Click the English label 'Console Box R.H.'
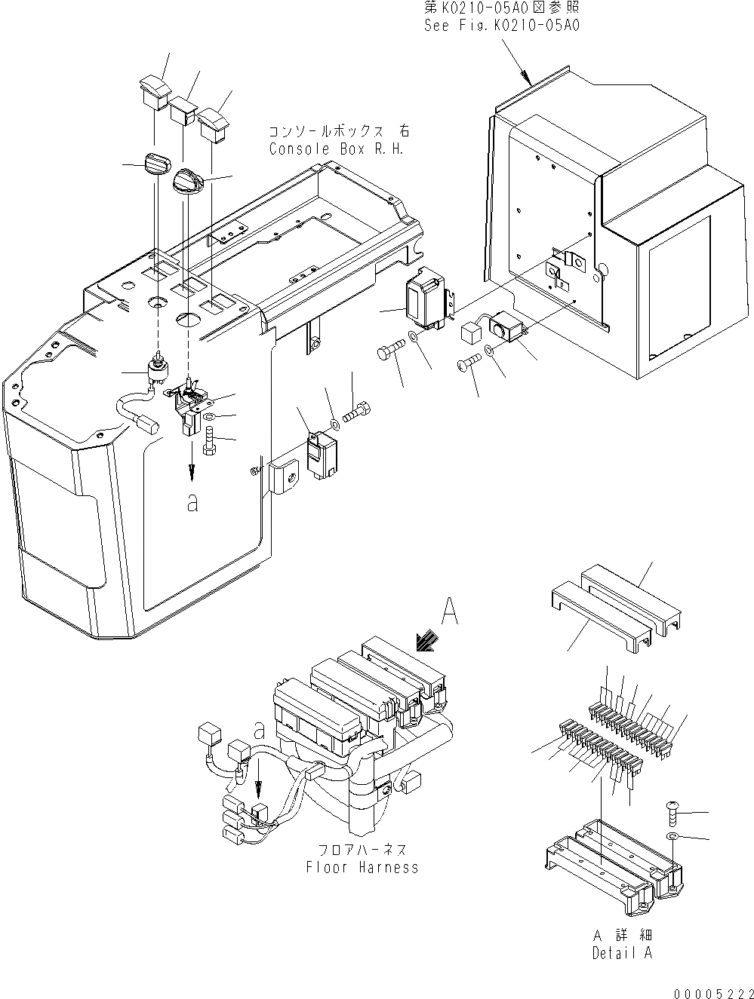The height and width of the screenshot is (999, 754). [337, 149]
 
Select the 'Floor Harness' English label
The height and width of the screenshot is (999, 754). [362, 867]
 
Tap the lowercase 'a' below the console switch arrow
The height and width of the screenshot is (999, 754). [193, 502]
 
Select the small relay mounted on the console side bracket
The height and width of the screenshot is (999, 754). [323, 454]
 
